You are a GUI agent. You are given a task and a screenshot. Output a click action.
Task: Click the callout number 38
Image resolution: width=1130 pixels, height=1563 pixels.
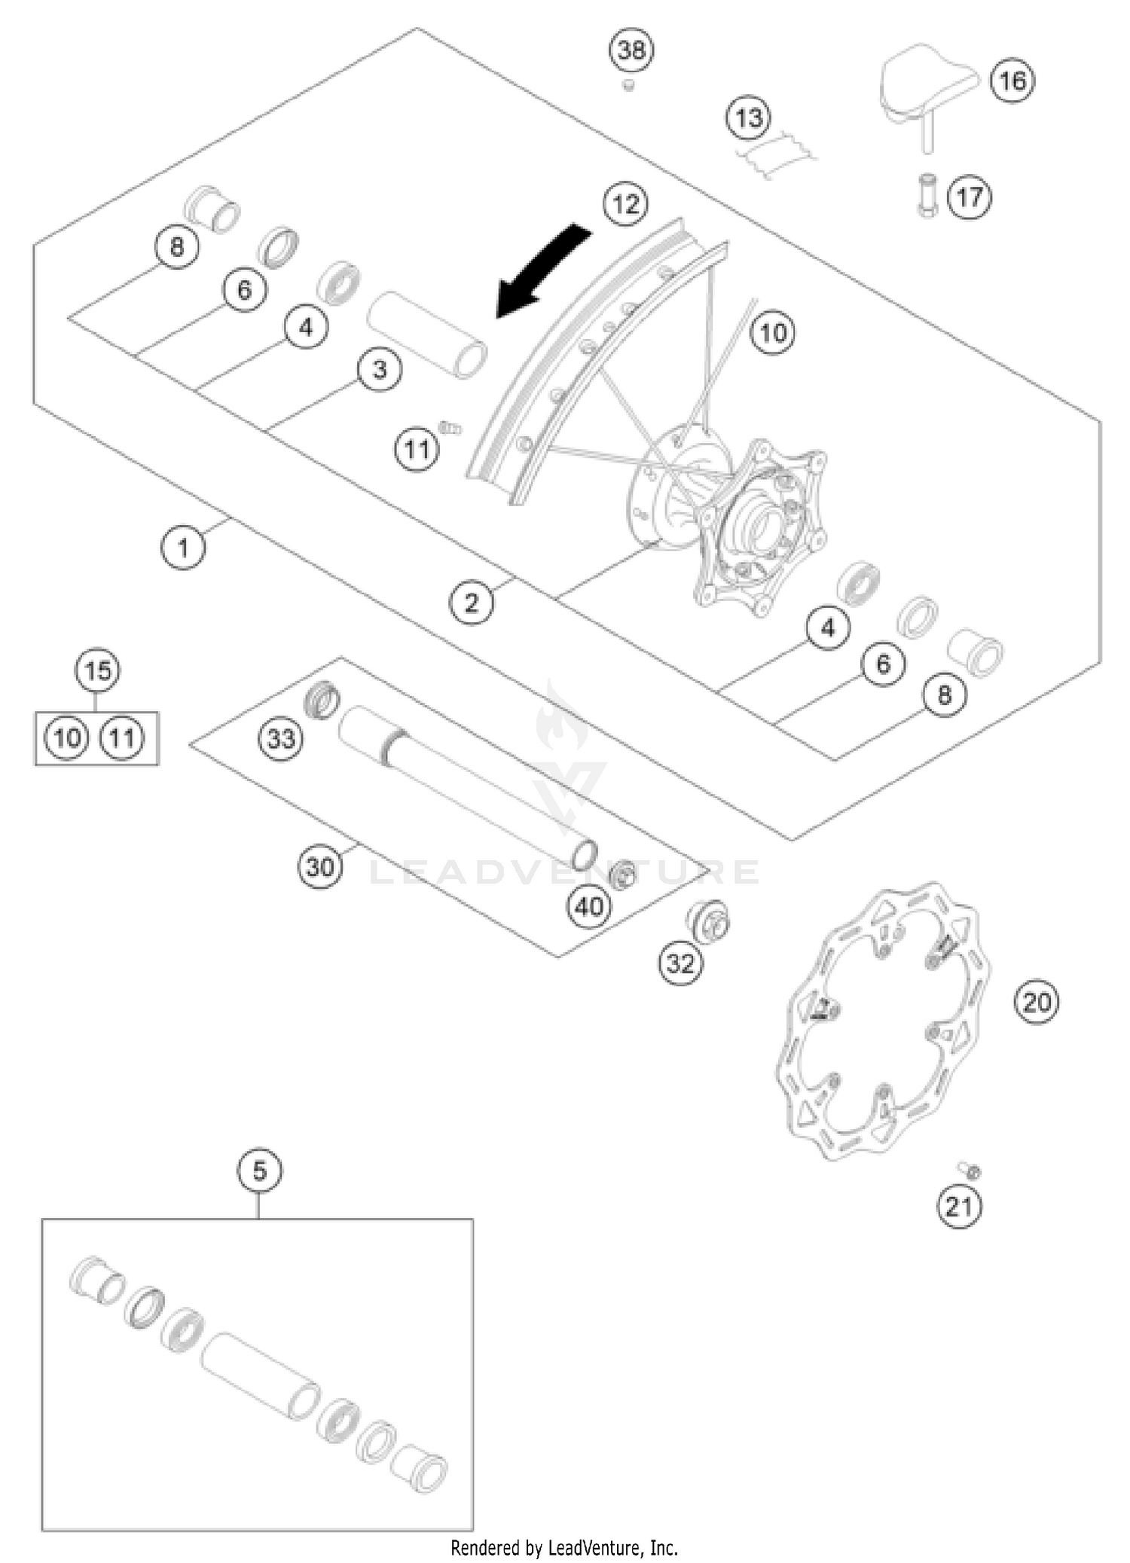click(631, 50)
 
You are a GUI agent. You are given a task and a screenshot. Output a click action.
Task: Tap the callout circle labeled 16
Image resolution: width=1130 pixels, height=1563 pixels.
click(1012, 81)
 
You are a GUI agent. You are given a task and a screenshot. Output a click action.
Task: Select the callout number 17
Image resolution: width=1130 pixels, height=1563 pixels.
click(970, 197)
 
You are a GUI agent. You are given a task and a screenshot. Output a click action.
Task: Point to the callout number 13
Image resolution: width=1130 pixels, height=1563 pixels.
click(748, 118)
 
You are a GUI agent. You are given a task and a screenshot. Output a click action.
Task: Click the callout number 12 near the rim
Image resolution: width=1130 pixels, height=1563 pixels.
click(626, 204)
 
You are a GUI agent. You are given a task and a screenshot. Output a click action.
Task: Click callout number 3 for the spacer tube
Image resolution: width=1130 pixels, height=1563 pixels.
click(380, 370)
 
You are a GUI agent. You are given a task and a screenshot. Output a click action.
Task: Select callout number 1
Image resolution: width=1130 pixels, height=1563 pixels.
click(183, 548)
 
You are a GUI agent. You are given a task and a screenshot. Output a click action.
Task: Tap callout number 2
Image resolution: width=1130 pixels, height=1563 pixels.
click(472, 603)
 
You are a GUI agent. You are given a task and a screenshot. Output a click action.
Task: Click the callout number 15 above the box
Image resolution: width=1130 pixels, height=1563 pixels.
click(98, 670)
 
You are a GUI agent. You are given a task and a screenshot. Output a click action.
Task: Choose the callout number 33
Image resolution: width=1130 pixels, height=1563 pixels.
click(281, 739)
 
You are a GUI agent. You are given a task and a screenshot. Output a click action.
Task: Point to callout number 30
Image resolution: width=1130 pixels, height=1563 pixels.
click(320, 867)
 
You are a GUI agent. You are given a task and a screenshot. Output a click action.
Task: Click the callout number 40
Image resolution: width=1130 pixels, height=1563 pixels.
click(589, 907)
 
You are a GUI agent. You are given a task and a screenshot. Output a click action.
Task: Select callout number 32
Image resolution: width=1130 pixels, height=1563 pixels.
click(680, 963)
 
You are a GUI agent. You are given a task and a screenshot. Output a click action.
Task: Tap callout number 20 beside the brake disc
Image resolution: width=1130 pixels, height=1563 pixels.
click(1037, 1003)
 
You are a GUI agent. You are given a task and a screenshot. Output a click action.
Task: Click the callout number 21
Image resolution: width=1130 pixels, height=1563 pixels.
click(959, 1207)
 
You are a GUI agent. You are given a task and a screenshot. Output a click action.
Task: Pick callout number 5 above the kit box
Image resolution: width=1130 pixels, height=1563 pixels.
click(259, 1171)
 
